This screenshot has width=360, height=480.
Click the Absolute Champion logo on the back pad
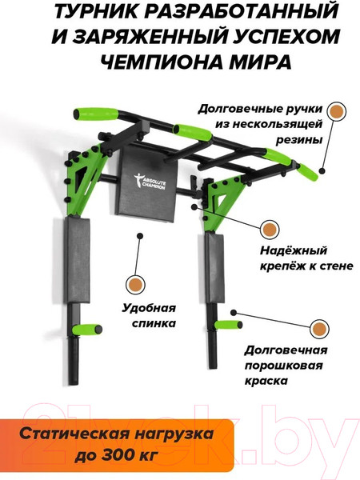click(x=150, y=182)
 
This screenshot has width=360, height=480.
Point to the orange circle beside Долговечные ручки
click(x=337, y=111)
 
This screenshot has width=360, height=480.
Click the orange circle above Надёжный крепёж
click(x=270, y=230)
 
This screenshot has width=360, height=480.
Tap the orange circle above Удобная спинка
click(x=136, y=285)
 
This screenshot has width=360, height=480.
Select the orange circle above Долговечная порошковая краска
click(x=319, y=330)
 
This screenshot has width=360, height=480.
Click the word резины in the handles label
click(x=299, y=140)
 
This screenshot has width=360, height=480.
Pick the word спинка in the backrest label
click(x=154, y=323)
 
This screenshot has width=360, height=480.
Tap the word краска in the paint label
click(x=266, y=381)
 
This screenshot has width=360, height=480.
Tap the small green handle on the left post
click(x=87, y=330)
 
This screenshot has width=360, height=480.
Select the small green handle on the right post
click(x=228, y=325)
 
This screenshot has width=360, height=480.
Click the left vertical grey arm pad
click(x=77, y=260)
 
